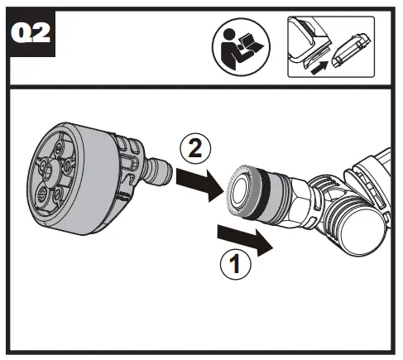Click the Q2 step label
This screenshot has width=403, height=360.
[31, 33]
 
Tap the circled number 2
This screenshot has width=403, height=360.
[195, 149]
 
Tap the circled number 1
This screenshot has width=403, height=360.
[235, 264]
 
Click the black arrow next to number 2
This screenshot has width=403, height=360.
[199, 185]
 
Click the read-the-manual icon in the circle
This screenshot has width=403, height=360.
[241, 47]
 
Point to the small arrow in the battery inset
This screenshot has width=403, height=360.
[319, 68]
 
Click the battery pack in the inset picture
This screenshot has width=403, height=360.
[351, 50]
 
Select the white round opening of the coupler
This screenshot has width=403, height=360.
[240, 190]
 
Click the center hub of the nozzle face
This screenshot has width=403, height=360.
[51, 171]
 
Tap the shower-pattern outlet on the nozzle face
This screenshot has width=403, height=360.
[43, 193]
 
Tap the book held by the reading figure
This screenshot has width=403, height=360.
[249, 44]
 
